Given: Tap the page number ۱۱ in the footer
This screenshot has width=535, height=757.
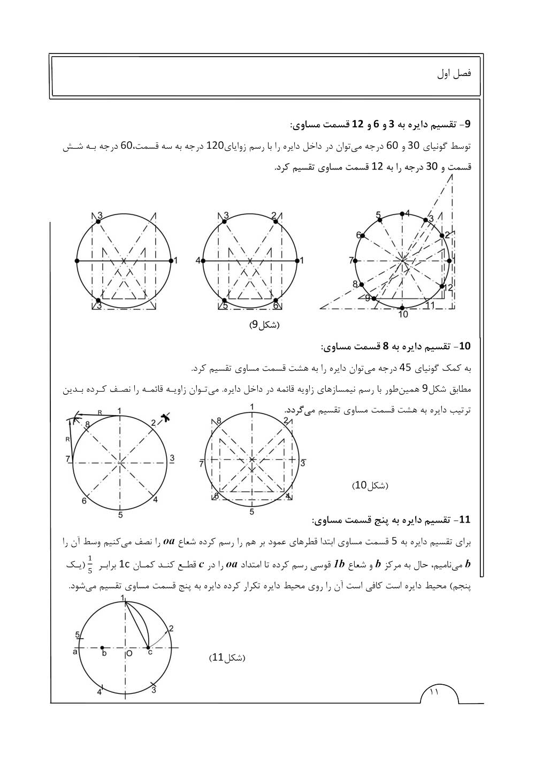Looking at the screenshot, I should pyautogui.click(x=434, y=692).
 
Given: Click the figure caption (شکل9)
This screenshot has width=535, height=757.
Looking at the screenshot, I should pyautogui.click(x=265, y=325).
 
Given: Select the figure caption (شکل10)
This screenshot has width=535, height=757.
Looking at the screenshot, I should pyautogui.click(x=370, y=485).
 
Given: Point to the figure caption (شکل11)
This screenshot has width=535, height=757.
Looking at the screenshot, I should pyautogui.click(x=226, y=657).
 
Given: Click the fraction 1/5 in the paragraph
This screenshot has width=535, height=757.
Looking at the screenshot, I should pyautogui.click(x=90, y=564).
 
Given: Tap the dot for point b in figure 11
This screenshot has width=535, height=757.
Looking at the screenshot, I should pyautogui.click(x=104, y=648).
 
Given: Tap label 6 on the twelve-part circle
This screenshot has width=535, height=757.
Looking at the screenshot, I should pyautogui.click(x=359, y=235).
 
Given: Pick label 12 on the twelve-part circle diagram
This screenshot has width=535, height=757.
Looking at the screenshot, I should pyautogui.click(x=448, y=287).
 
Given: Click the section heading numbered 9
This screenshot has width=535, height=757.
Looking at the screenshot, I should pyautogui.click(x=381, y=125).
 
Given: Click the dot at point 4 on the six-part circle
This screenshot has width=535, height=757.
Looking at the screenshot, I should pyautogui.click(x=204, y=261).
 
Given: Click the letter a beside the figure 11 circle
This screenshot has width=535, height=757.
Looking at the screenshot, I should pyautogui.click(x=75, y=652).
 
